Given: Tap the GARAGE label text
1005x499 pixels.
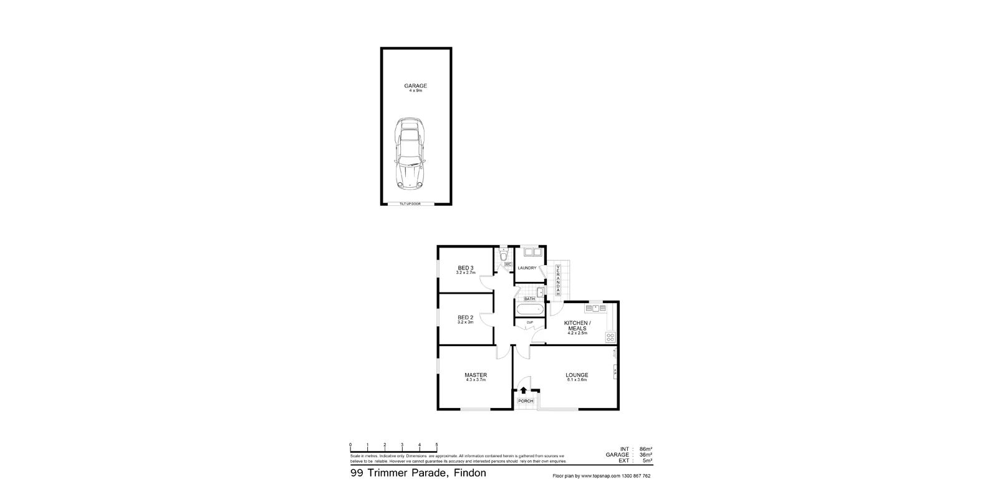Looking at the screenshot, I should click(x=416, y=86).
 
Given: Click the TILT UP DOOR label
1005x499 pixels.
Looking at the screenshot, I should click(x=410, y=204).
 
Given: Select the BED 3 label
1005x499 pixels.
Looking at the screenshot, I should click(x=466, y=268).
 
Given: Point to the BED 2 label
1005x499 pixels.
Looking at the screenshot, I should click(x=466, y=317).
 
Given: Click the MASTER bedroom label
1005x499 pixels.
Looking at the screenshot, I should click(x=476, y=375).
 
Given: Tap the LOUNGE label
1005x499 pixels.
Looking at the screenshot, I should click(x=577, y=375).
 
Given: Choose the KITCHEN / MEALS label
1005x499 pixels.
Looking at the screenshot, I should click(x=577, y=326).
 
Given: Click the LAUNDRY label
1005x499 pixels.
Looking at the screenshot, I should click(x=527, y=268).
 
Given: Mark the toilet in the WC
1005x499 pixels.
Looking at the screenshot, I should click(x=504, y=255).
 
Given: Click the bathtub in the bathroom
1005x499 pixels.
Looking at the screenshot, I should click(x=530, y=309).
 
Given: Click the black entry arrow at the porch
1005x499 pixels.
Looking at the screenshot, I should click(x=524, y=391).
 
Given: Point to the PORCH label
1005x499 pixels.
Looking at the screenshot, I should click(x=526, y=401).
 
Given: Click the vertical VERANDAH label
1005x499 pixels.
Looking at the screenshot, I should click(x=559, y=281).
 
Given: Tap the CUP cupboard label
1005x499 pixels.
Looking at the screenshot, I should click(x=529, y=322).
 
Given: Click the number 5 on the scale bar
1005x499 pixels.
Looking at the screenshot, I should click(x=436, y=445).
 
